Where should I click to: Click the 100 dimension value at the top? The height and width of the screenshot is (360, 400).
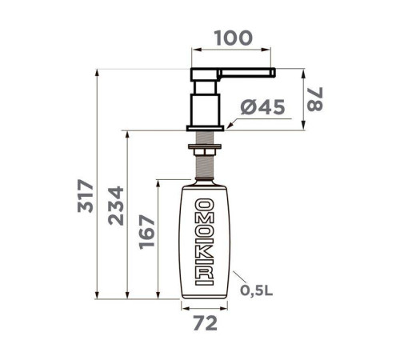coord(234,38)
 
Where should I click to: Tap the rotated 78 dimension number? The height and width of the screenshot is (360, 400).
coord(315,98)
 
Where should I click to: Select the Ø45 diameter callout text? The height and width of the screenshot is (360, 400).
coord(262,107)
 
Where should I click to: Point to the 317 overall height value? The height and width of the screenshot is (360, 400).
coord(86,196)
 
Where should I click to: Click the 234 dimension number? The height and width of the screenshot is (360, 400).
coord(116,206)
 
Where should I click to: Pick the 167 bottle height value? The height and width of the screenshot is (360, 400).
coord(147,232)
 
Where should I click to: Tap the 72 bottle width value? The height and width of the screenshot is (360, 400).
coord(205,323)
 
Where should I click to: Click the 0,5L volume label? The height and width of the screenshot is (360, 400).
coord(256,290)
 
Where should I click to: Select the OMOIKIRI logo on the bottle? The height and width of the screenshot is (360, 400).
coord(205,242)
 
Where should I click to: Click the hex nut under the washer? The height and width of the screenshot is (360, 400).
coord(205,152)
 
